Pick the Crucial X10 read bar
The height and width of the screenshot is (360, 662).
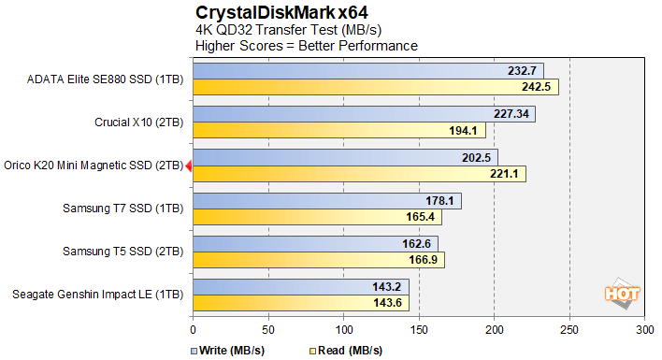[332, 130]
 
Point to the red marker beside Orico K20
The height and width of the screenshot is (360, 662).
[189, 166]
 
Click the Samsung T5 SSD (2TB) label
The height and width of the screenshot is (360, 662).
[122, 252]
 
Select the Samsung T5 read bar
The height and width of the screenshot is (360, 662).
[318, 260]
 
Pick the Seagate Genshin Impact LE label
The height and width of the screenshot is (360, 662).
[98, 295]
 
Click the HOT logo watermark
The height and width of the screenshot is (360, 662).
[622, 292]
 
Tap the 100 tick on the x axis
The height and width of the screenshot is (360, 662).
[343, 330]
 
